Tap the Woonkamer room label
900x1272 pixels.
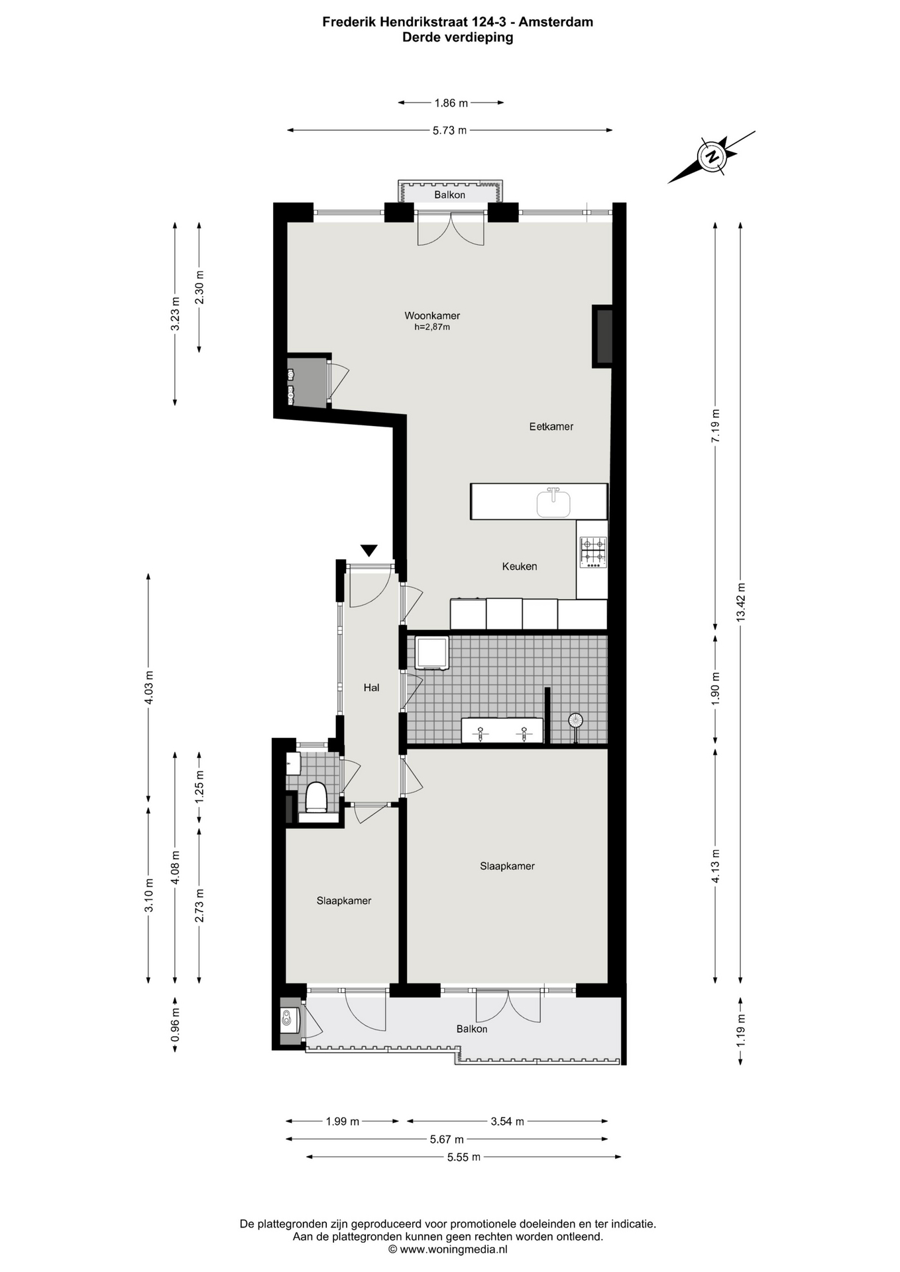point(432,315)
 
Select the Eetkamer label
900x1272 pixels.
point(551,427)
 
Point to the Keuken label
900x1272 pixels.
point(520,566)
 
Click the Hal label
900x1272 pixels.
point(371,688)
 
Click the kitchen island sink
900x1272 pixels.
point(553,503)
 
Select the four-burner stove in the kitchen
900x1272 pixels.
point(593,552)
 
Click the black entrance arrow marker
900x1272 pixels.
point(369,551)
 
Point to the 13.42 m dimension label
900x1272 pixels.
point(740,602)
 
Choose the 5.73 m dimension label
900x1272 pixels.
point(449,131)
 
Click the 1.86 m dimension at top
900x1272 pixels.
point(451,103)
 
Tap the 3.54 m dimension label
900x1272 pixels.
point(508,1122)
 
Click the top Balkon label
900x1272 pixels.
point(450,195)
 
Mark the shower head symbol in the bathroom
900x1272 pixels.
point(575,721)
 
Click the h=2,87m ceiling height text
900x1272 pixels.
point(432,327)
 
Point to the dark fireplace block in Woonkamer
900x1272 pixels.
point(602,336)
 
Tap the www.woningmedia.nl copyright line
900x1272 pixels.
point(448,1249)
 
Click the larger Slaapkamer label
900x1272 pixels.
point(508,866)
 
